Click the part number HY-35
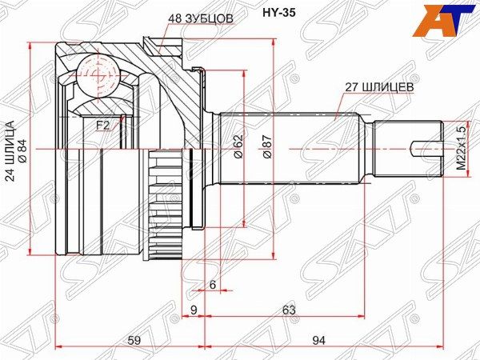pyautogui.click(x=279, y=13)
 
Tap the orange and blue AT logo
pyautogui.click(x=445, y=20)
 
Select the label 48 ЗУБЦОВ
pyautogui.click(x=201, y=18)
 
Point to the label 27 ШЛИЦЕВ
pyautogui.click(x=379, y=87)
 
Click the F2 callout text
pyautogui.click(x=103, y=126)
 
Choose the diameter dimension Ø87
pyautogui.click(x=266, y=146)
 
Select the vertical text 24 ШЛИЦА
pyautogui.click(x=10, y=151)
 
